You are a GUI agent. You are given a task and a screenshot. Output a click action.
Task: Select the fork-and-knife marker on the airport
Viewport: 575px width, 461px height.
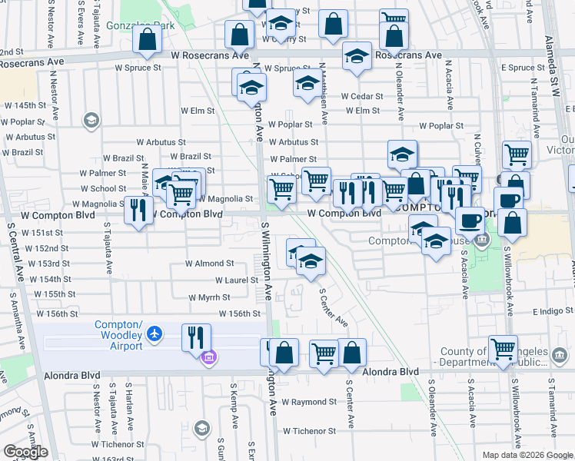[195, 337]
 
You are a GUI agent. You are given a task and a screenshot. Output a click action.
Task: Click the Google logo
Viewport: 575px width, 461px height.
[25, 452]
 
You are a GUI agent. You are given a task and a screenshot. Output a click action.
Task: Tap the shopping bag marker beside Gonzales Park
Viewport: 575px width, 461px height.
[146, 38]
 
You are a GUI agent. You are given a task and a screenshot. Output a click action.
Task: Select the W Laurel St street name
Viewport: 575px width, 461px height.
[236, 280]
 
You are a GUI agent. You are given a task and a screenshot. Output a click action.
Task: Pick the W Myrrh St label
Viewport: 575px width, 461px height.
[209, 297]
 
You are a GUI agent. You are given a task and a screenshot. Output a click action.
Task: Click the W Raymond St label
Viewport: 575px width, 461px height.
[308, 402]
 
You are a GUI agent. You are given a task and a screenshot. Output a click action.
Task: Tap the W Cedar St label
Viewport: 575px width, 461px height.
[361, 96]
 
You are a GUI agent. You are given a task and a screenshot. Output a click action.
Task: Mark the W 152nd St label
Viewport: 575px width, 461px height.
[47, 248]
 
